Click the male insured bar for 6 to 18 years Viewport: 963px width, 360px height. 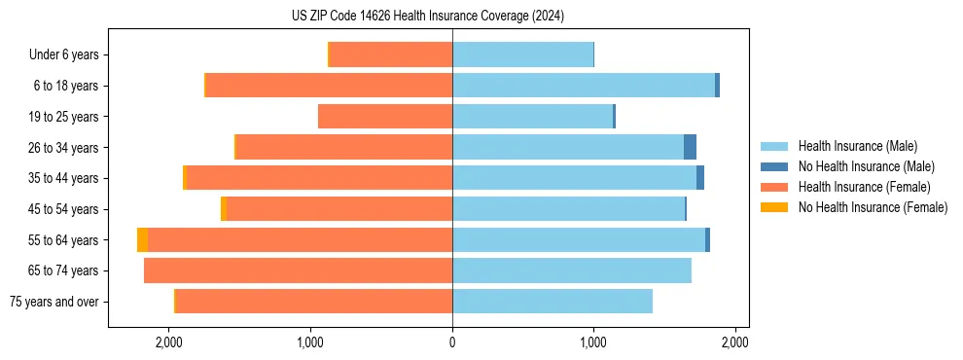pyautogui.click(x=584, y=86)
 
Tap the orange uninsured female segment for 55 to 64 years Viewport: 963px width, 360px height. pyautogui.click(x=143, y=239)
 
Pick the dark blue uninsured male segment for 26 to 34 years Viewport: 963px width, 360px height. pyautogui.click(x=690, y=147)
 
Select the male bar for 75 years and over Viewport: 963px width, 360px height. pyautogui.click(x=553, y=301)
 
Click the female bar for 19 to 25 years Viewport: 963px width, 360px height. pyautogui.click(x=385, y=117)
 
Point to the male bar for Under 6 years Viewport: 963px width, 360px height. pyautogui.click(x=522, y=54)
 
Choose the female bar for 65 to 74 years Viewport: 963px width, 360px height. pyautogui.click(x=298, y=270)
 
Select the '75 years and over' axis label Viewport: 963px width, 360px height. pyautogui.click(x=54, y=302)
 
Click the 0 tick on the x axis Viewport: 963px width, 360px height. pyautogui.click(x=452, y=342)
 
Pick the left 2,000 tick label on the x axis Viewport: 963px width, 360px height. pyautogui.click(x=169, y=342)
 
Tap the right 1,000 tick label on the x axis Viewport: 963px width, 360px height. pyautogui.click(x=593, y=342)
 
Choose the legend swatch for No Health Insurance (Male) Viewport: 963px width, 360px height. pyautogui.click(x=774, y=166)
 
